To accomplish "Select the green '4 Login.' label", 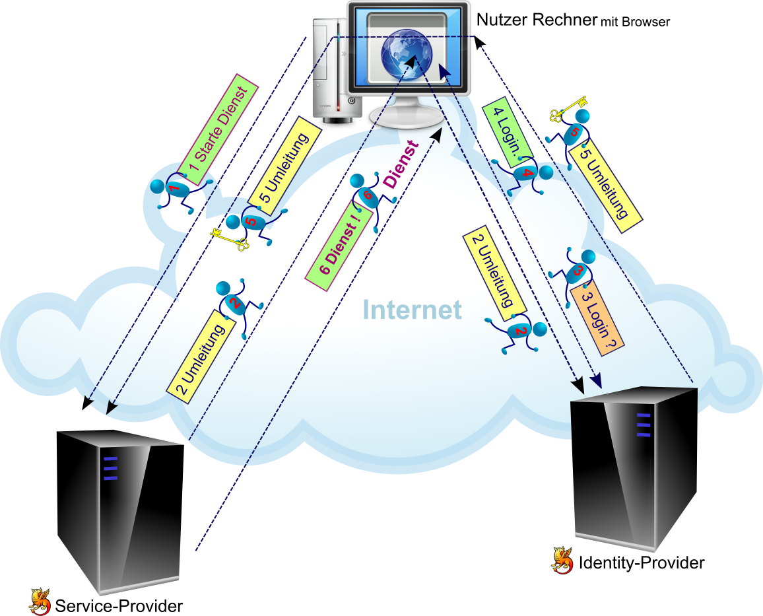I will coord(507,131).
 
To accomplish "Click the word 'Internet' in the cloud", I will coord(412,309).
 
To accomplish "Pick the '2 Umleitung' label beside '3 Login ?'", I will coord(495,272).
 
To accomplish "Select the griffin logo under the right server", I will coord(562,560).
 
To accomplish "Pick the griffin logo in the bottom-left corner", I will coord(40,601).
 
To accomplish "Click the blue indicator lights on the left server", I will coord(111,467).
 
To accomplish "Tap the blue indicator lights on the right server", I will coord(644,425).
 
